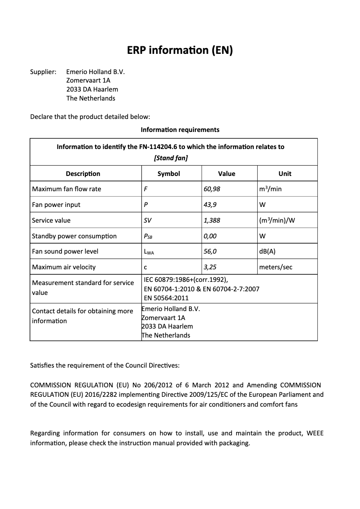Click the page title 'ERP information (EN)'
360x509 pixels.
point(180,50)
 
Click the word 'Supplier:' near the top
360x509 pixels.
point(43,71)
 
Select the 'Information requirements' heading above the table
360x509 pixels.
point(180,130)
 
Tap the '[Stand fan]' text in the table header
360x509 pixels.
point(171,158)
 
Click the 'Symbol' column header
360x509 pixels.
point(169,174)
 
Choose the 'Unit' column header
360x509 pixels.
point(285,174)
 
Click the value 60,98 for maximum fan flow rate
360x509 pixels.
point(212,189)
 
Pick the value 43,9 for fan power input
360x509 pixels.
point(210,205)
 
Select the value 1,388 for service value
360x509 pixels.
point(212,220)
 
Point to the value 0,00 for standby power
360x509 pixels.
point(210,236)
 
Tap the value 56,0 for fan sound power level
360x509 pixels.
point(210,251)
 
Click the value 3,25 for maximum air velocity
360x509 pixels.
point(210,267)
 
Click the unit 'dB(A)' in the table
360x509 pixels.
point(267,251)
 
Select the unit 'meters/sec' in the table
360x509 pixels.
point(276,267)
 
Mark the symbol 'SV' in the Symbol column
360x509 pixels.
point(148,220)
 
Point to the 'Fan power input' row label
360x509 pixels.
point(56,205)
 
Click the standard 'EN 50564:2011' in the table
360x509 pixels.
point(166,298)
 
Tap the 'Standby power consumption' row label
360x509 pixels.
point(74,236)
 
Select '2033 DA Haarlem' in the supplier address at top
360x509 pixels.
point(92,89)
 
